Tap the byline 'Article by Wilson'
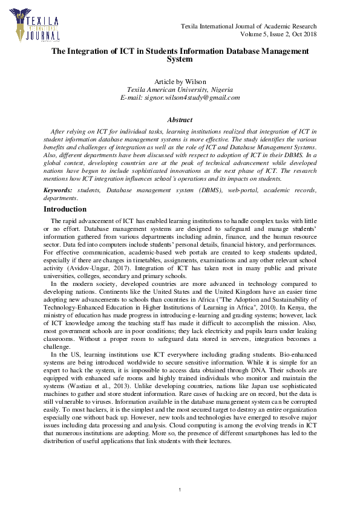[x=180, y=82]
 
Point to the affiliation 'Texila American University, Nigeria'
[x=180, y=89]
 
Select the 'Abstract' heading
[x=180, y=120]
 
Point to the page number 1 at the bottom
[x=180, y=488]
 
